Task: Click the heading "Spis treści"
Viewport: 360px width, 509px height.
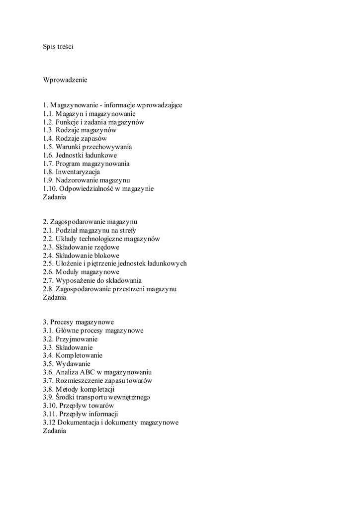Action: click(58, 47)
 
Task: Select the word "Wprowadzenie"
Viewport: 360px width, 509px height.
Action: click(65, 80)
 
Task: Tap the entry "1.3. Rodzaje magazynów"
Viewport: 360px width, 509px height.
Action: click(80, 130)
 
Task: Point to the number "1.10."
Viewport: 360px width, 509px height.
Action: click(50, 189)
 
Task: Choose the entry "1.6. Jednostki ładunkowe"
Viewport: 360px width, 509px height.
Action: click(80, 155)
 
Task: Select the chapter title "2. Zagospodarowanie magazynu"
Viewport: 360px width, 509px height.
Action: click(90, 222)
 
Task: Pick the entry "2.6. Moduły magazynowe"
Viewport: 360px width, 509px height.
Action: click(81, 272)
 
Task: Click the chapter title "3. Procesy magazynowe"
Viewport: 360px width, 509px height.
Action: click(79, 322)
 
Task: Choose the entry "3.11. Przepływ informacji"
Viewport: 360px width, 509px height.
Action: click(81, 414)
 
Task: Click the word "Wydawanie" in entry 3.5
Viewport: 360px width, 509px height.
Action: click(73, 364)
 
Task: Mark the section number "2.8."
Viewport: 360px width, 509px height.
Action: click(48, 289)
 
